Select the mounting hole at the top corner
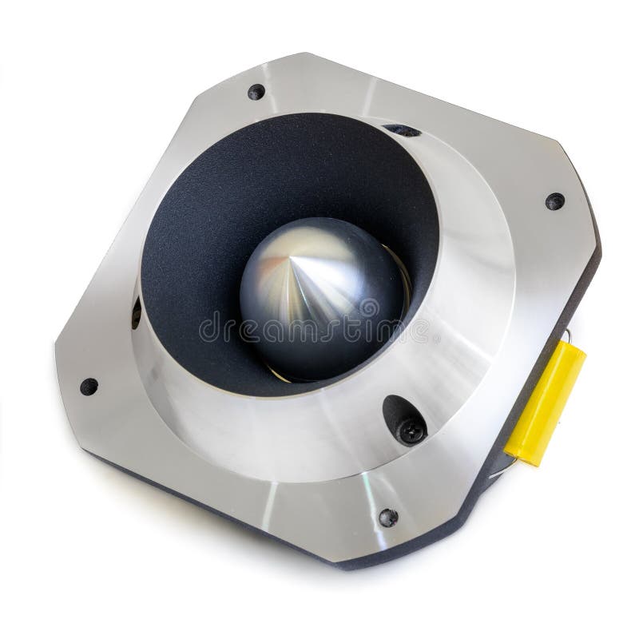coord(256,91)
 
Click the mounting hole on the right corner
coord(554,200)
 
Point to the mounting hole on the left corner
coord(89,387)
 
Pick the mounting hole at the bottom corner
coord(388,517)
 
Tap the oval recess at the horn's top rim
coord(402,129)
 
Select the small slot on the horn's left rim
coord(136,312)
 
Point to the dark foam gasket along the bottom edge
coord(240,519)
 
